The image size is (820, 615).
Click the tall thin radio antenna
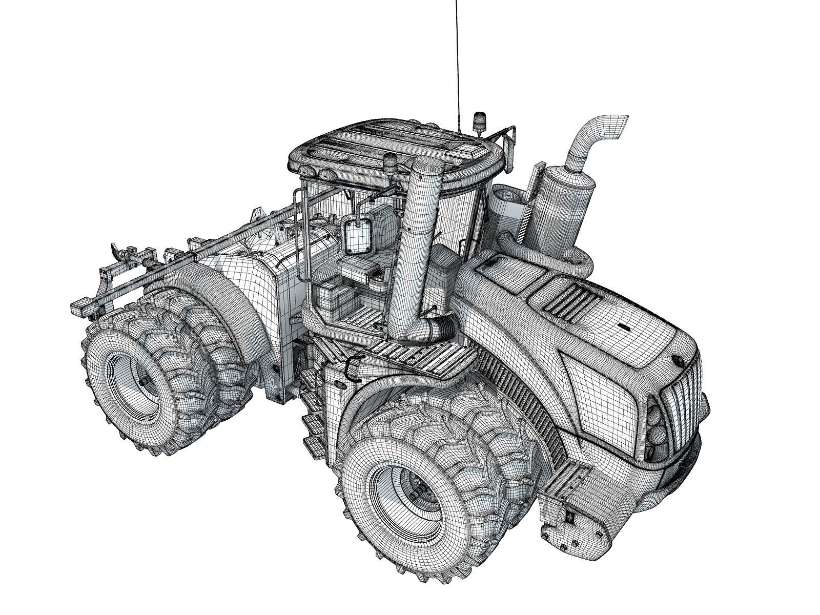[x=456, y=61]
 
